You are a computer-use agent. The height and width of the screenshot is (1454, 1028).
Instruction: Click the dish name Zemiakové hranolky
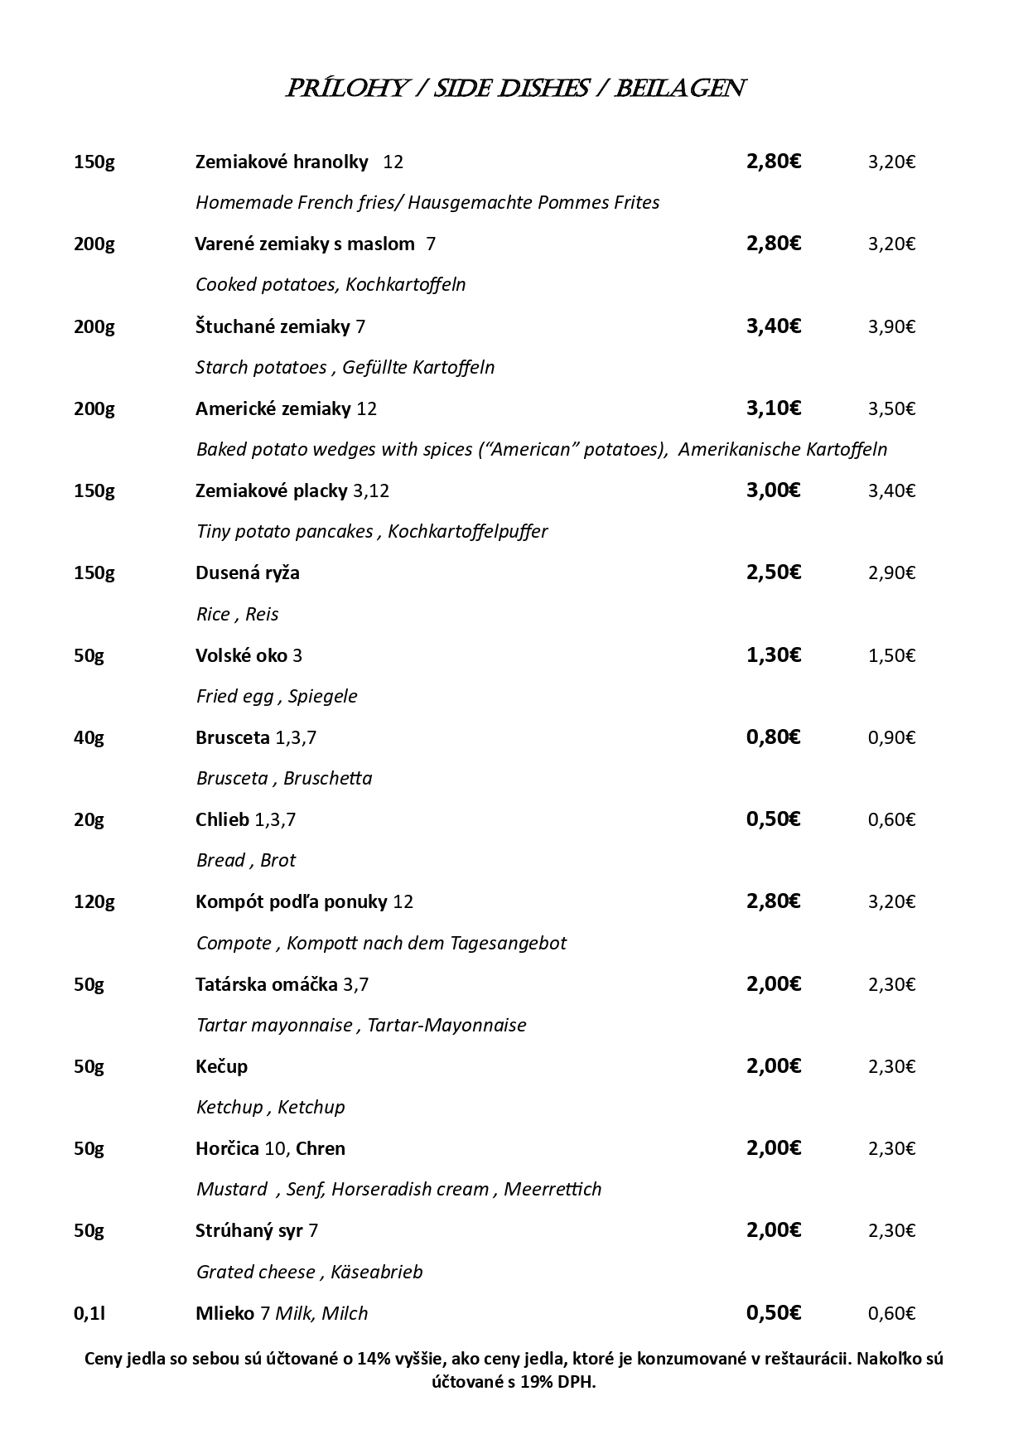(282, 162)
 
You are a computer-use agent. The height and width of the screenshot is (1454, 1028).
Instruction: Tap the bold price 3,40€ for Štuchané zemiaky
(773, 326)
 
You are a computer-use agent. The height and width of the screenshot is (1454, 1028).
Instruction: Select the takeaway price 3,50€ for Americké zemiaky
(891, 408)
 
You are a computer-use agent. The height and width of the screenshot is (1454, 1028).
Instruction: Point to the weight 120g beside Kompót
(94, 901)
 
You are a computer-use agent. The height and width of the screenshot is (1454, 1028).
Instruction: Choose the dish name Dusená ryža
(248, 572)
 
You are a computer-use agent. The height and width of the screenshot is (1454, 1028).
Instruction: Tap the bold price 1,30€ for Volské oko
(773, 655)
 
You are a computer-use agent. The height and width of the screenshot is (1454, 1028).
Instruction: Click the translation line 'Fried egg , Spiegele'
(277, 696)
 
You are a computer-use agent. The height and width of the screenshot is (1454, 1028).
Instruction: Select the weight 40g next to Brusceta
(89, 737)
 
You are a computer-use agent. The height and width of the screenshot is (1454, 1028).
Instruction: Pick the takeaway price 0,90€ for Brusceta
(891, 737)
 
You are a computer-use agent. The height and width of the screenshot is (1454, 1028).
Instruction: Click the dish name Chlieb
(222, 819)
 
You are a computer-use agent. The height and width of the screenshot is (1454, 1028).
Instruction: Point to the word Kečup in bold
(221, 1066)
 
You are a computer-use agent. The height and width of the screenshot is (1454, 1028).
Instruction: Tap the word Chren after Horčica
(321, 1148)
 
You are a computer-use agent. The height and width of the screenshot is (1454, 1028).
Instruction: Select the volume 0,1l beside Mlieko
(89, 1313)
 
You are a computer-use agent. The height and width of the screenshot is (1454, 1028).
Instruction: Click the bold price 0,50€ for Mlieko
(773, 1312)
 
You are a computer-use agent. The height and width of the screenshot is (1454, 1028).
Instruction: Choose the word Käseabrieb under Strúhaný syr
(376, 1272)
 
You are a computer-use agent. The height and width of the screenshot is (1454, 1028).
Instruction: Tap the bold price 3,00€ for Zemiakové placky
(773, 490)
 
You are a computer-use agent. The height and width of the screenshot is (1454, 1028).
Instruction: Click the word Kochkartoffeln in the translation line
(406, 284)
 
